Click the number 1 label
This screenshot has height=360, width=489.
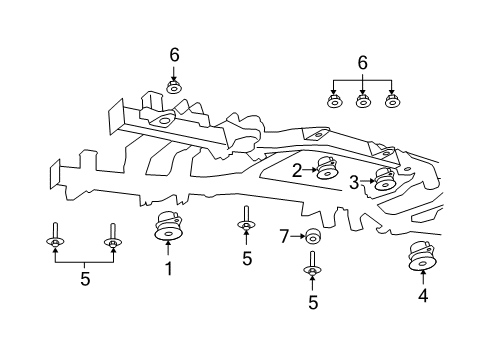click(x=168, y=268)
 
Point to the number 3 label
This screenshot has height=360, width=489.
click(x=355, y=181)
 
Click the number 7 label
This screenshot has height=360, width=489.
click(x=283, y=236)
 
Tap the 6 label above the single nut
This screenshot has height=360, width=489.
click(x=173, y=54)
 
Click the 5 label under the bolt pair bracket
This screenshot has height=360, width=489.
click(x=84, y=279)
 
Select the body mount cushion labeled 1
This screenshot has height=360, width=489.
click(x=168, y=229)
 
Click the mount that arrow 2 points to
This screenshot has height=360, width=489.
click(x=326, y=168)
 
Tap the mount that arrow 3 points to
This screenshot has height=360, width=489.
click(x=384, y=180)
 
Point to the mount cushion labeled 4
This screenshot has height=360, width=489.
click(x=423, y=258)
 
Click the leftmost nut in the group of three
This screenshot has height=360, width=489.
click(x=335, y=100)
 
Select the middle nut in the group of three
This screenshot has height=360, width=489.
click(x=363, y=100)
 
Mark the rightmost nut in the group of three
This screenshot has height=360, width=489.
click(x=392, y=100)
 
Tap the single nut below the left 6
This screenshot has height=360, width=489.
click(x=173, y=86)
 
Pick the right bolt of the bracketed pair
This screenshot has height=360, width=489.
click(x=113, y=239)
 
